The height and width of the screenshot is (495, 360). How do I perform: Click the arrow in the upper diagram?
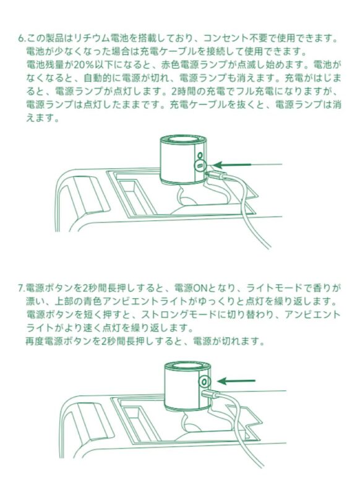point(234,165)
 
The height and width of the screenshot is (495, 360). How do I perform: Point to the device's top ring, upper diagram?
point(182,142)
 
